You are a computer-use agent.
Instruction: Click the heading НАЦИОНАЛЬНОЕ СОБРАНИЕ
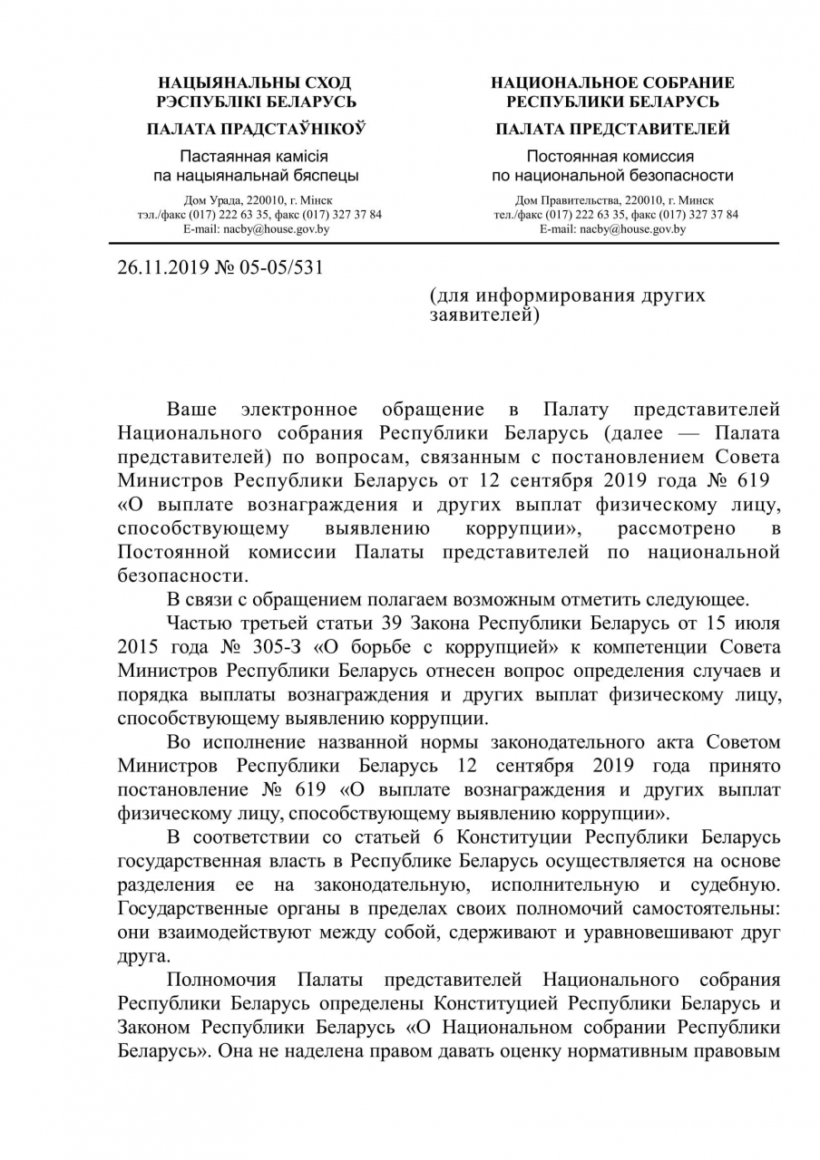(612, 83)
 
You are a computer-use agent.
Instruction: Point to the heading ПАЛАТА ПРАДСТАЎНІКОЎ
(256, 129)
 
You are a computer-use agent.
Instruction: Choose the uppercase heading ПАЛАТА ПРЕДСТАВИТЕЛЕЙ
(612, 129)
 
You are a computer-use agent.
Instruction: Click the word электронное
(306, 411)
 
